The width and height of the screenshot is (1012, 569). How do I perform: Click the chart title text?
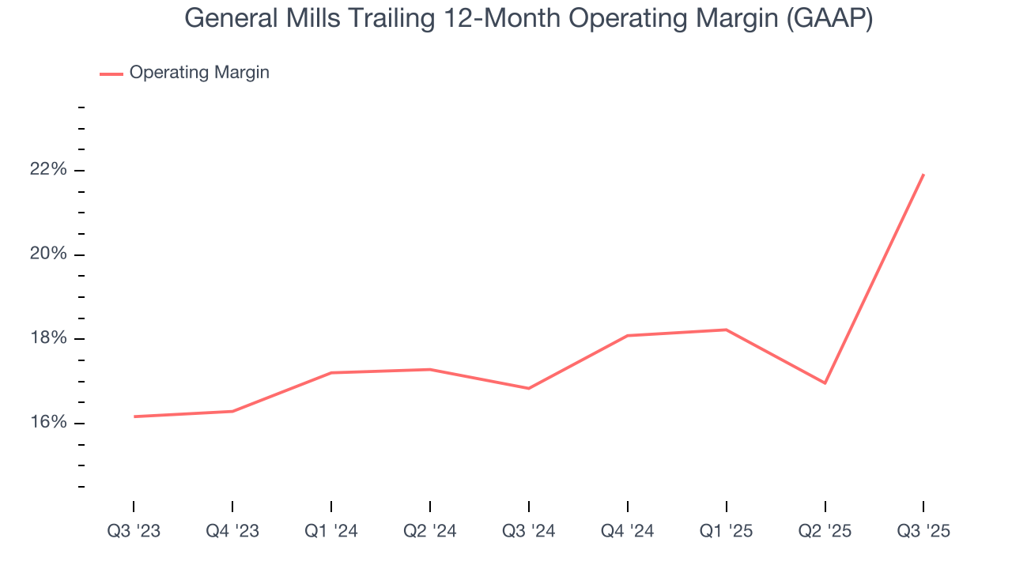tap(528, 18)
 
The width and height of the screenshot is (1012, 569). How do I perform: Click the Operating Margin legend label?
tap(199, 73)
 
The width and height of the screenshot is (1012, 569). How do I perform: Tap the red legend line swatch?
tap(111, 73)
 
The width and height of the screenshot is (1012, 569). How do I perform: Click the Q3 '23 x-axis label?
tap(134, 531)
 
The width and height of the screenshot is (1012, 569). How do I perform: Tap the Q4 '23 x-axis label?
tap(232, 531)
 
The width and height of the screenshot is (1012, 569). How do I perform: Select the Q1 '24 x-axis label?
tap(331, 531)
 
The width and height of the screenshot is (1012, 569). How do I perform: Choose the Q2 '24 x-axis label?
tap(430, 531)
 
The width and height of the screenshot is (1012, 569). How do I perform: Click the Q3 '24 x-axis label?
tap(529, 531)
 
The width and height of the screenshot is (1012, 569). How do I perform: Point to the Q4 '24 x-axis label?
tap(628, 531)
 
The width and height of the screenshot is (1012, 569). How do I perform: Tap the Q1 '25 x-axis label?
tap(727, 531)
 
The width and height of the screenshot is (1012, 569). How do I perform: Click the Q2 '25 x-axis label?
tap(825, 531)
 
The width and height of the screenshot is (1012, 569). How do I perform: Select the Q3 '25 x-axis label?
tap(923, 531)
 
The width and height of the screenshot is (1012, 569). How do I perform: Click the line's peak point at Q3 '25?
tap(923, 175)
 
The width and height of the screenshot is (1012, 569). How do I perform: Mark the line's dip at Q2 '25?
tap(825, 383)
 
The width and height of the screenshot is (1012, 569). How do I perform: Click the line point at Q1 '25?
tap(727, 330)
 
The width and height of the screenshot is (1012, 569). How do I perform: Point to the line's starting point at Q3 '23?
tap(134, 416)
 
